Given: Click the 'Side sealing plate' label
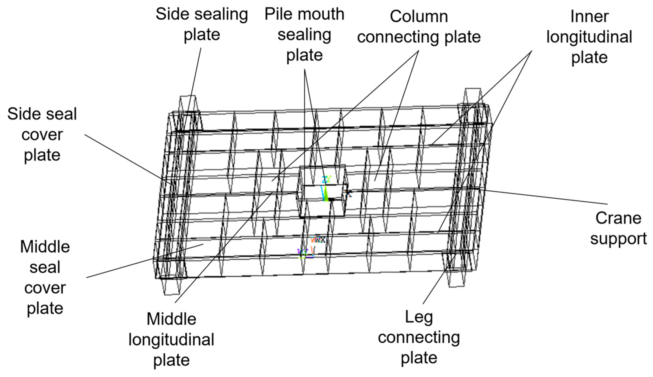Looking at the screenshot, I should (x=201, y=24).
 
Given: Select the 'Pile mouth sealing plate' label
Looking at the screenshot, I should (x=304, y=34).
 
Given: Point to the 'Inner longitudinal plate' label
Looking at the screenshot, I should (x=589, y=37).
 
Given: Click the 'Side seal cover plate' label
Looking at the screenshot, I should (x=42, y=135).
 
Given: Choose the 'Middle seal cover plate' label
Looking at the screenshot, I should (x=45, y=277).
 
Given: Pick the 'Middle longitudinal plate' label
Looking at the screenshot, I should (x=171, y=340).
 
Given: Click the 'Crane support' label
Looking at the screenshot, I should (x=618, y=229).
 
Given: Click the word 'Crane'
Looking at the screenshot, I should (x=618, y=218).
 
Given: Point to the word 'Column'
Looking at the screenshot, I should (x=419, y=17).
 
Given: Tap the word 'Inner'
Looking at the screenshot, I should (x=589, y=17).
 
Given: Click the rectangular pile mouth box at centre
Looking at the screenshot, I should (x=322, y=191).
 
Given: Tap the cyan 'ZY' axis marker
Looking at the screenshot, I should (x=326, y=180).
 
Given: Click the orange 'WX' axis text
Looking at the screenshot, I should (x=318, y=240).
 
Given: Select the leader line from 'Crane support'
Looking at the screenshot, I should (x=546, y=197).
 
